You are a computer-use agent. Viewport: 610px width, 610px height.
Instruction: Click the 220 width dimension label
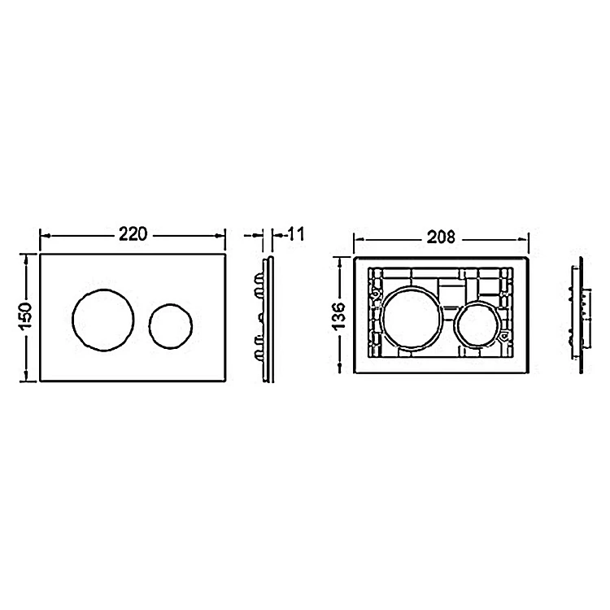pyautogui.click(x=133, y=234)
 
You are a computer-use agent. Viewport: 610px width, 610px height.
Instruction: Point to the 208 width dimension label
pyautogui.click(x=441, y=237)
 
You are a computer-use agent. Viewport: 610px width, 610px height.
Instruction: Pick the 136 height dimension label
pyautogui.click(x=339, y=316)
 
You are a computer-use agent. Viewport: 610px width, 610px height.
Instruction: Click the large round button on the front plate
pyautogui.click(x=103, y=320)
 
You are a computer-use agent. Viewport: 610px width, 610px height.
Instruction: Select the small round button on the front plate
pyautogui.click(x=171, y=326)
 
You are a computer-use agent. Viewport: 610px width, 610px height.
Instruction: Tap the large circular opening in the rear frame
pyautogui.click(x=412, y=318)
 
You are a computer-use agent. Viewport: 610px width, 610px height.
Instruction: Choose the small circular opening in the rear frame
pyautogui.click(x=477, y=324)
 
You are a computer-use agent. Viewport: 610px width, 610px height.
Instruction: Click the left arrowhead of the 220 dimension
pyautogui.click(x=45, y=235)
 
